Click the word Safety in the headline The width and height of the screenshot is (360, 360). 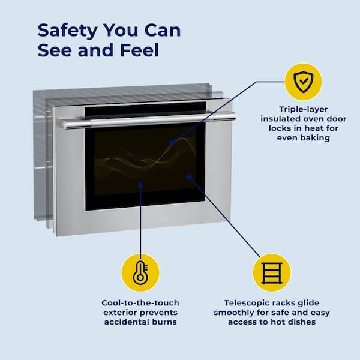[x=67, y=31]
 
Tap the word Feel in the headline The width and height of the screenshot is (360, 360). [x=140, y=50]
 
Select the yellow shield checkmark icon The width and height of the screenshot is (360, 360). [x=303, y=82]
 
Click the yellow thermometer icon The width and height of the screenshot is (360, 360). [x=140, y=273]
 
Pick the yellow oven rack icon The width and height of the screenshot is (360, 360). [x=272, y=273]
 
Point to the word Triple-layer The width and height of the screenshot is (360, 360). [x=303, y=109]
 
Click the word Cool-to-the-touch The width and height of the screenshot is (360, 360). [x=140, y=303]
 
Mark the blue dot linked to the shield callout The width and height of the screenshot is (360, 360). [x=172, y=142]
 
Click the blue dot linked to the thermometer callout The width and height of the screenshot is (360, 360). [x=140, y=185]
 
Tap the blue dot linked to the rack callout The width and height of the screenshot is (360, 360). [x=189, y=177]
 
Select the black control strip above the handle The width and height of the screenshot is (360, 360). [x=145, y=110]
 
